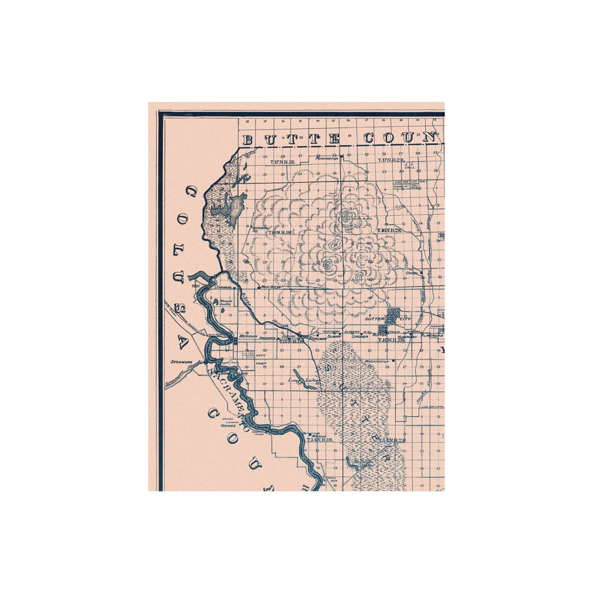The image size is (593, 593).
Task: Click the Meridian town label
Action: [247, 337]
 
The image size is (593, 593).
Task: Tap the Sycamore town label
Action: [180, 362]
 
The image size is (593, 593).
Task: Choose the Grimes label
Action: [228, 426]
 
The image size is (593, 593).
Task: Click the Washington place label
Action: [377, 361]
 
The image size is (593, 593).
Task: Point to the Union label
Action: [412, 273]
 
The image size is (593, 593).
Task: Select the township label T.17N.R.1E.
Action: [282, 162]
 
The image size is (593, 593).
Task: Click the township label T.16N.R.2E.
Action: [389, 230]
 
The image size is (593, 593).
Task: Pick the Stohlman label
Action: [317, 338]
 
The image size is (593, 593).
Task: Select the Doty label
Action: [260, 355]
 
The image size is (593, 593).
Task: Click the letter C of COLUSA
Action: [192, 192]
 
